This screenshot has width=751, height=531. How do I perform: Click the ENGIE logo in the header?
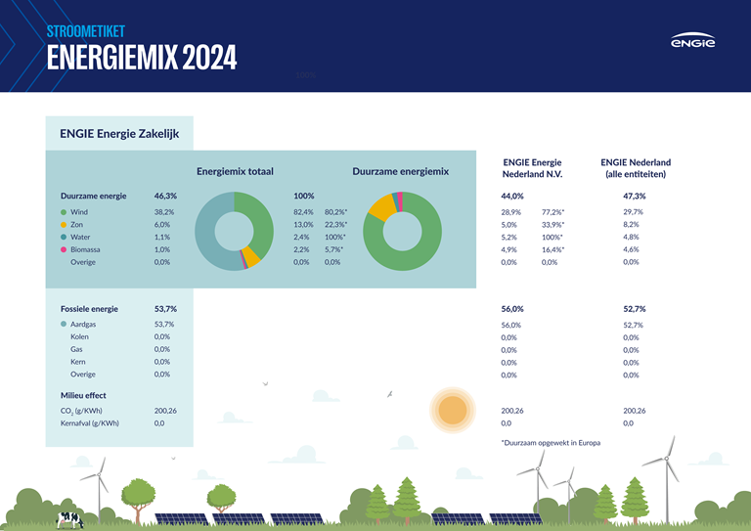click(692, 43)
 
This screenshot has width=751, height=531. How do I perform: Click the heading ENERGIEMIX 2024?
click(142, 58)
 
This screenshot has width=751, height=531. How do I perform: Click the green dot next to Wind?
click(64, 211)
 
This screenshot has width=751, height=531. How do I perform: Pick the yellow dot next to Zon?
click(64, 224)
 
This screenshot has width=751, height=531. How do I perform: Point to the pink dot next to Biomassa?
click(64, 249)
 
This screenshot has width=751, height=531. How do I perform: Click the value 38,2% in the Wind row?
click(164, 211)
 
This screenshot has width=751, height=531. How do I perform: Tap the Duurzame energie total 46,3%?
click(165, 196)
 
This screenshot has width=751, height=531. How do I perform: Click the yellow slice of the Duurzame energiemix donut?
click(380, 208)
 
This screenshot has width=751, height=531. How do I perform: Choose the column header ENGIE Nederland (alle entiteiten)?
click(636, 168)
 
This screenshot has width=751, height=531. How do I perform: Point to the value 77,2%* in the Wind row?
click(552, 212)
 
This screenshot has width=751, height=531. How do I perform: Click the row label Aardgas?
click(85, 324)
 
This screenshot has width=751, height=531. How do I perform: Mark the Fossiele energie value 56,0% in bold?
click(511, 309)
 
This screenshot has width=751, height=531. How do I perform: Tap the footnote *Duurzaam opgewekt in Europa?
click(551, 443)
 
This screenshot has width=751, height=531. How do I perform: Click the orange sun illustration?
click(452, 410)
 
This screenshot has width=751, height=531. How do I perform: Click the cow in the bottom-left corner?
click(70, 518)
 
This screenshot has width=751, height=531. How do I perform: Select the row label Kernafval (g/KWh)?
click(90, 423)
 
